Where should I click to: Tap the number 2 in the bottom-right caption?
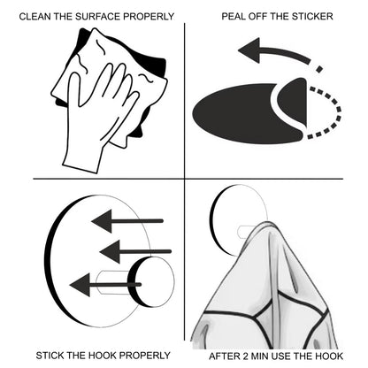click(245, 356)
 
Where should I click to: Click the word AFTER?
click(224, 356)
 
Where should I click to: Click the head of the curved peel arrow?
click(249, 50)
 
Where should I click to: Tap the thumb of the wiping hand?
click(74, 91)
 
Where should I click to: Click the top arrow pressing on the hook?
click(127, 221)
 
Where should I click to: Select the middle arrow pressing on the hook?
click(135, 251)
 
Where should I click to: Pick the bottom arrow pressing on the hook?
click(105, 285)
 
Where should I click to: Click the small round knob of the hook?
click(151, 281)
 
